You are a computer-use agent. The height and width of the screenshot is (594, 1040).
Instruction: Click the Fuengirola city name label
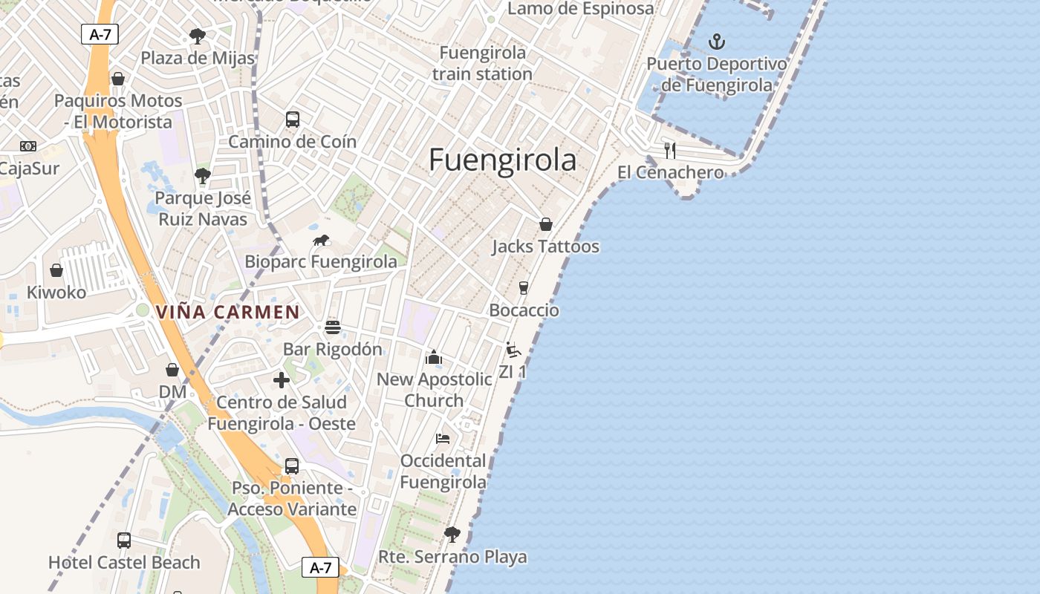(x=503, y=160)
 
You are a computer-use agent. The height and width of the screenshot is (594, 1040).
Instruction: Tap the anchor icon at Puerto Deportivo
(x=717, y=42)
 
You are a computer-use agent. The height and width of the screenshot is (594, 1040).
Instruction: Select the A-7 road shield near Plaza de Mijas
(x=100, y=33)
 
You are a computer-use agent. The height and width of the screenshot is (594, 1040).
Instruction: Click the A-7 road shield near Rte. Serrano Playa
(x=320, y=568)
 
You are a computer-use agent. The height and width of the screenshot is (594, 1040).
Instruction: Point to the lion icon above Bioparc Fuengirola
(x=321, y=240)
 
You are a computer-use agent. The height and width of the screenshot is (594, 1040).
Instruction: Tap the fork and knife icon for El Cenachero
(x=670, y=151)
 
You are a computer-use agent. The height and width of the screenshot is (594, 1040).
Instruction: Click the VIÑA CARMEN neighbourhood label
(x=227, y=313)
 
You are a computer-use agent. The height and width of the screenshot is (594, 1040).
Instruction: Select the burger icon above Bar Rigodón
(x=333, y=327)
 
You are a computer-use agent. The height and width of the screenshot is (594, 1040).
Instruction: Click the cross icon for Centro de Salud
(x=282, y=380)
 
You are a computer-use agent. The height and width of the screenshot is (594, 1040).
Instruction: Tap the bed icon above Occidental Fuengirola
(x=443, y=438)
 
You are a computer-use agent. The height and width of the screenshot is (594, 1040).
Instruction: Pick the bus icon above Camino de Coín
(x=293, y=120)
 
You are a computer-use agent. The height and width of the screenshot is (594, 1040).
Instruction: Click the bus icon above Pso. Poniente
(x=292, y=466)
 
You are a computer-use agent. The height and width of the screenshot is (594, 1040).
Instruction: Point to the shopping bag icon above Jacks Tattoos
(x=546, y=224)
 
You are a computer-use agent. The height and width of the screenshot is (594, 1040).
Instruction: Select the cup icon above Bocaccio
(x=524, y=288)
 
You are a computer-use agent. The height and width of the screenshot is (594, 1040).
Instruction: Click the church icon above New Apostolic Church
(x=434, y=357)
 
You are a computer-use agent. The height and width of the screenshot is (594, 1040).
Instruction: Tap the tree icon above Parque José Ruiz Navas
(x=202, y=176)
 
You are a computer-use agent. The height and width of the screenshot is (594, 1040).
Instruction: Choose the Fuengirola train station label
(x=482, y=63)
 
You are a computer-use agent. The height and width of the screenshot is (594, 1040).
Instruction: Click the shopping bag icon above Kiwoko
(x=56, y=270)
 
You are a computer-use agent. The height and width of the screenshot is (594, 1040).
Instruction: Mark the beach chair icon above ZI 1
(x=513, y=349)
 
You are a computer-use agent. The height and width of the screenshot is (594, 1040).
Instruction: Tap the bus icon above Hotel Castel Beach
(x=124, y=541)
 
